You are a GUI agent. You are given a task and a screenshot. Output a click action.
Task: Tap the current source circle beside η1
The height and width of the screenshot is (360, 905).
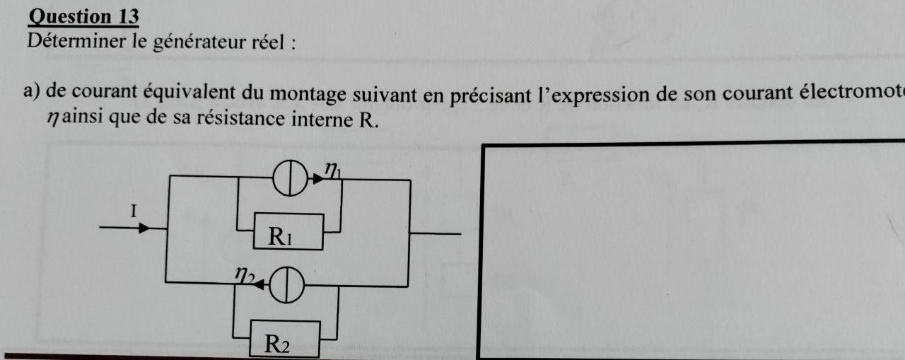point(289,180)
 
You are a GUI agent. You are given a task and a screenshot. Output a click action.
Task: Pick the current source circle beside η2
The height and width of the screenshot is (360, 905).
point(286,286)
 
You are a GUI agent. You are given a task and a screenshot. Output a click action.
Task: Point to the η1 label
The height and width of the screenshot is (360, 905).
point(332,170)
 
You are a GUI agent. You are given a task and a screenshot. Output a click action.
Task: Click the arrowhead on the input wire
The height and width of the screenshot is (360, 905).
point(143,228)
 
